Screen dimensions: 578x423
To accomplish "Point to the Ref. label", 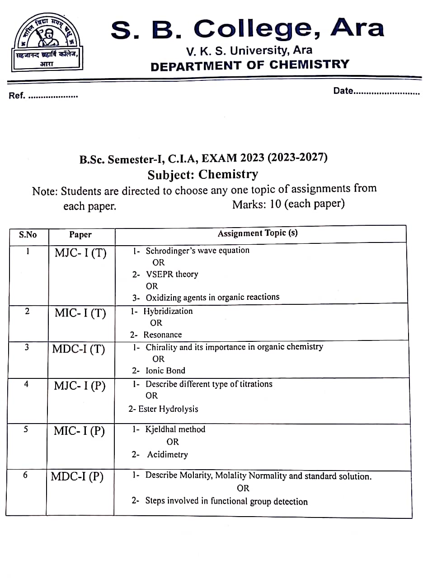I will (x=18, y=96).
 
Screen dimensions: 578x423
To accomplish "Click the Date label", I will (x=343, y=91).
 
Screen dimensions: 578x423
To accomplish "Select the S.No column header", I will (x=28, y=235).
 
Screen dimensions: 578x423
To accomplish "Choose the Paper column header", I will (x=80, y=234).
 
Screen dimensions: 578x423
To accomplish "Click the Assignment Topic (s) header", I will (x=258, y=233).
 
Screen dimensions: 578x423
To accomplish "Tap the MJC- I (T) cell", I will (x=80, y=252).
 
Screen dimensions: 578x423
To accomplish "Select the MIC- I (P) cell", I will (x=79, y=431).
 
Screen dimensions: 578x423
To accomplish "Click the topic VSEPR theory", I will (x=172, y=274).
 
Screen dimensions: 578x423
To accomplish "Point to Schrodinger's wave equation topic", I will (x=197, y=250).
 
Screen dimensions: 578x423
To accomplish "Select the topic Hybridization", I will (x=168, y=311).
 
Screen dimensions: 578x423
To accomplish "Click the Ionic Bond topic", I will (x=165, y=370).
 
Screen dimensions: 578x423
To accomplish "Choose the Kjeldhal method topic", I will (x=175, y=429).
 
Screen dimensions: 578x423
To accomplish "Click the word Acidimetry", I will (x=167, y=454).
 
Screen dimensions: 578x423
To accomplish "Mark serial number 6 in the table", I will (x=25, y=475).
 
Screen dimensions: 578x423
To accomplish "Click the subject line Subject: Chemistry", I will (x=203, y=174).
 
